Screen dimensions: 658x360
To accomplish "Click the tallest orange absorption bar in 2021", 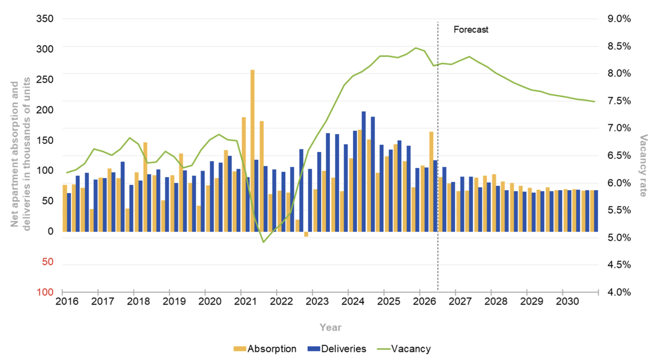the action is (x=252, y=151).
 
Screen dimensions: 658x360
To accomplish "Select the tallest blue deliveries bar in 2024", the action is (x=364, y=172).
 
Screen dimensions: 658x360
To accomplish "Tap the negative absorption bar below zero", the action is (x=306, y=234).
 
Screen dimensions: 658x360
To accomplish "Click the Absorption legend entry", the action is (x=265, y=349).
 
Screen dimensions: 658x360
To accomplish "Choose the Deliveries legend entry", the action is (x=337, y=349).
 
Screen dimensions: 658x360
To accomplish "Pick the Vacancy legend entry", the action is (x=404, y=349).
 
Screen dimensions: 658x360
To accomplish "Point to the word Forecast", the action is (x=471, y=30).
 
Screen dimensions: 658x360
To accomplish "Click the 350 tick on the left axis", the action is (x=45, y=18).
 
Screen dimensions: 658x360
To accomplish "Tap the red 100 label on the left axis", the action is (x=45, y=292).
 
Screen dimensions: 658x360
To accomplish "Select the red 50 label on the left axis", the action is (x=48, y=262).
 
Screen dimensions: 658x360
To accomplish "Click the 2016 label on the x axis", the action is (x=67, y=301).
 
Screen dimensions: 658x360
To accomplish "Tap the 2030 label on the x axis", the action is (x=568, y=301).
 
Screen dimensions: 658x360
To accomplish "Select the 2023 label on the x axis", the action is (x=317, y=301).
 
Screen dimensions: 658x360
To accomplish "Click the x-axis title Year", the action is (x=330, y=327).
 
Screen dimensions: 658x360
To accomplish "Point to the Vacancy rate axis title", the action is (x=643, y=165).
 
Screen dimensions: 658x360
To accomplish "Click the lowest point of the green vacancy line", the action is (x=263, y=242).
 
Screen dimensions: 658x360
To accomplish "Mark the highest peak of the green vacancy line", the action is (x=415, y=48).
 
